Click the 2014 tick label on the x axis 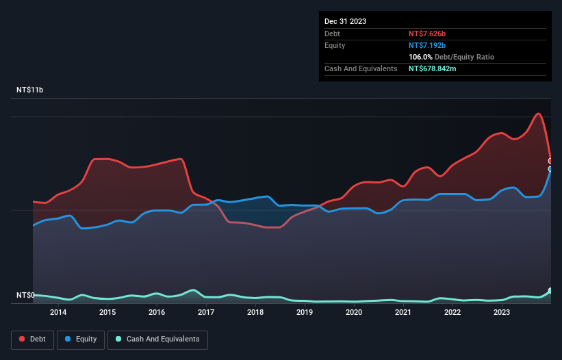pos(58,313)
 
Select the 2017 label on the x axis pos(206,313)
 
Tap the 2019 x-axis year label pos(305,313)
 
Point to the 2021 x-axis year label pos(403,313)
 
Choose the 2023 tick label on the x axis pos(502,313)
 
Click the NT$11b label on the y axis pos(30,90)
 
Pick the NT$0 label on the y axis pos(25,295)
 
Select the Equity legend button pos(81,339)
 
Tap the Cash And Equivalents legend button pos(157,339)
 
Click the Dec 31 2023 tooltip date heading pos(345,21)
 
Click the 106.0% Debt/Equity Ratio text pos(451,57)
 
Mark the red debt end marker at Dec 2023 pos(550,161)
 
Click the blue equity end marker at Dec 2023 pos(550,168)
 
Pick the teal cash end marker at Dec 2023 pos(550,291)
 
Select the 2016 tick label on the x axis pos(157,313)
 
